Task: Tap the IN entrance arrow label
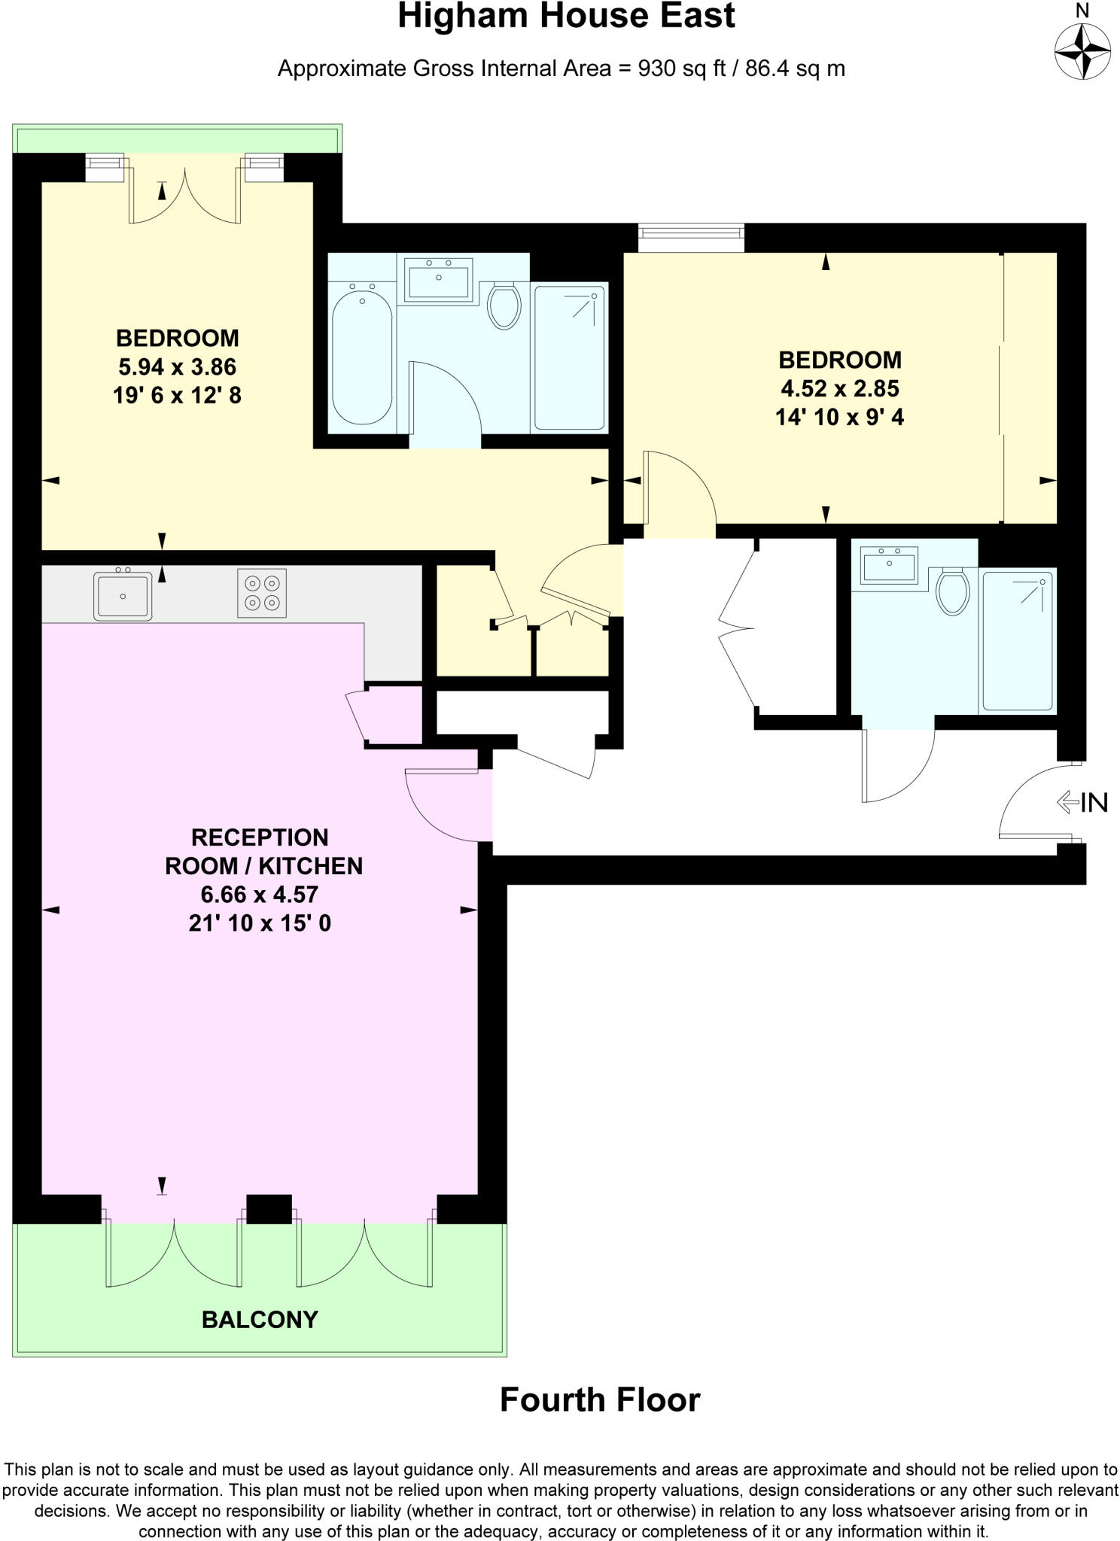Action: (x=1083, y=803)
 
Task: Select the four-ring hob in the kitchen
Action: (x=262, y=593)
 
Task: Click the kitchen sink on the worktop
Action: (x=123, y=596)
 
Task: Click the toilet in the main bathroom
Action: (x=504, y=305)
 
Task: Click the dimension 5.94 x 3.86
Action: (x=177, y=366)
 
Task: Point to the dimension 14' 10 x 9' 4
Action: (x=839, y=417)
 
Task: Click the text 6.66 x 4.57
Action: (x=259, y=895)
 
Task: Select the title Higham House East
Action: (x=566, y=17)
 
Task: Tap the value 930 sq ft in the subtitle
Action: (x=681, y=69)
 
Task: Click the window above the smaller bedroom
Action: (x=691, y=237)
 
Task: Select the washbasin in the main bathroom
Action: (x=438, y=278)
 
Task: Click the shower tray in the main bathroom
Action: (x=570, y=357)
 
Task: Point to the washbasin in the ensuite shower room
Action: (x=890, y=564)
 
